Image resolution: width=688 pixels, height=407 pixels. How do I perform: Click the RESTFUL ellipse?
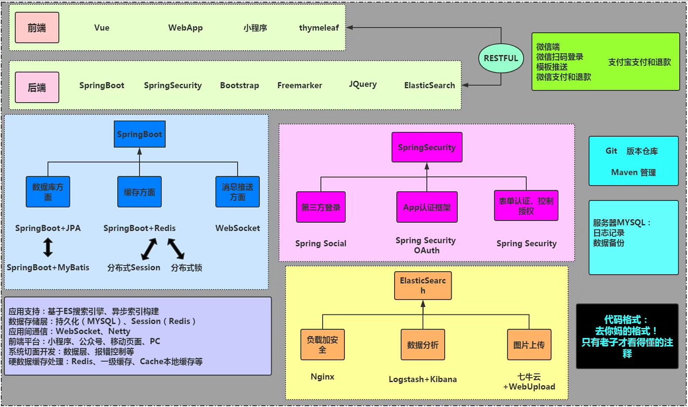501,58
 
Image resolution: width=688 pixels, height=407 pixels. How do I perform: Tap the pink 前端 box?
37,28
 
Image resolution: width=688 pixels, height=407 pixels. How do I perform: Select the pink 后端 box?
37,87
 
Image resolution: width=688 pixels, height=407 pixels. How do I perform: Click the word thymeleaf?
319,28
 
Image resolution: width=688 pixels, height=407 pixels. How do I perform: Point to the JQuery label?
363,84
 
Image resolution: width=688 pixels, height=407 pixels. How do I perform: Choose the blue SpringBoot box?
140,134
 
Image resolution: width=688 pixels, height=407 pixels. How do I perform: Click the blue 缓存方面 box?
140,192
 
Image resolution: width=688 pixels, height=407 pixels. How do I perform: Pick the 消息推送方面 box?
238,192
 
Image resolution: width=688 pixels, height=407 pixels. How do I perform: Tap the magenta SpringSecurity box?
427,147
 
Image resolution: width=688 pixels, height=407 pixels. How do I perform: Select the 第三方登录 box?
321,207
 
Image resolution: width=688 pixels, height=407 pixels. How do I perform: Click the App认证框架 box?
427,207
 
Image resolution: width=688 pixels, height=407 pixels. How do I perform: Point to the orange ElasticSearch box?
423,286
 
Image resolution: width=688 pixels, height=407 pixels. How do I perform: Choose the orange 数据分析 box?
423,345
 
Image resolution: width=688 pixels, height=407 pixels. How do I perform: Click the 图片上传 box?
529,345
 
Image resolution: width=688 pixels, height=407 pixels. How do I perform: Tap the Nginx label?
323,376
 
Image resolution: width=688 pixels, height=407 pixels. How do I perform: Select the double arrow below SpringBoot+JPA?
48,248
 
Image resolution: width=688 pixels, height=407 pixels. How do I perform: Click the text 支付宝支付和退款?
640,62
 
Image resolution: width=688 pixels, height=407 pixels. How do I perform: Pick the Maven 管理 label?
634,172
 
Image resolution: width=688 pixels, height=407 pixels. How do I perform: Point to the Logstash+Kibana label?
423,379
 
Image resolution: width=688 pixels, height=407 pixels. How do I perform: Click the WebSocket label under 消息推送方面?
238,228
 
